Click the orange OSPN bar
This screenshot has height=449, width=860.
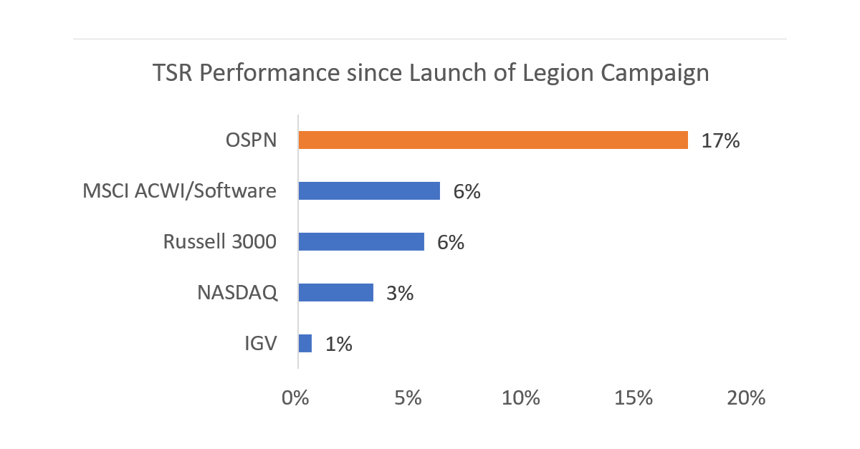point(493,140)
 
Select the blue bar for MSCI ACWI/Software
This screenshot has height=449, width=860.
point(369,190)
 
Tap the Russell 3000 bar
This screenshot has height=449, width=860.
point(361,242)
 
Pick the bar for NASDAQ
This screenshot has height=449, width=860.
point(335,293)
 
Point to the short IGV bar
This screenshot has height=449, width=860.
point(305,344)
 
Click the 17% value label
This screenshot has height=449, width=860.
point(720,140)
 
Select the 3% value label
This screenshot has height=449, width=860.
point(399,293)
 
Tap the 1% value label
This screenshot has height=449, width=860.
point(338,344)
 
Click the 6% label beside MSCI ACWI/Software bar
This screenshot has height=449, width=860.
point(467,191)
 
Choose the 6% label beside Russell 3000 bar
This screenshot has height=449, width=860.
point(451,242)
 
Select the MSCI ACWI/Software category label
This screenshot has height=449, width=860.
point(179,191)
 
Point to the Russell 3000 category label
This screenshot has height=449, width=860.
point(219,242)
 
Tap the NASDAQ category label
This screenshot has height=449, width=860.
point(237,293)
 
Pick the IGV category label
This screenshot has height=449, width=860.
point(261,344)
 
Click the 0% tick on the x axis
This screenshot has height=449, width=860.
point(295,398)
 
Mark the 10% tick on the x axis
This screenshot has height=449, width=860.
point(521,398)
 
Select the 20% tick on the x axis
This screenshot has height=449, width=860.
point(746,398)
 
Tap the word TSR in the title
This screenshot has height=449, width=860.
point(173,73)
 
